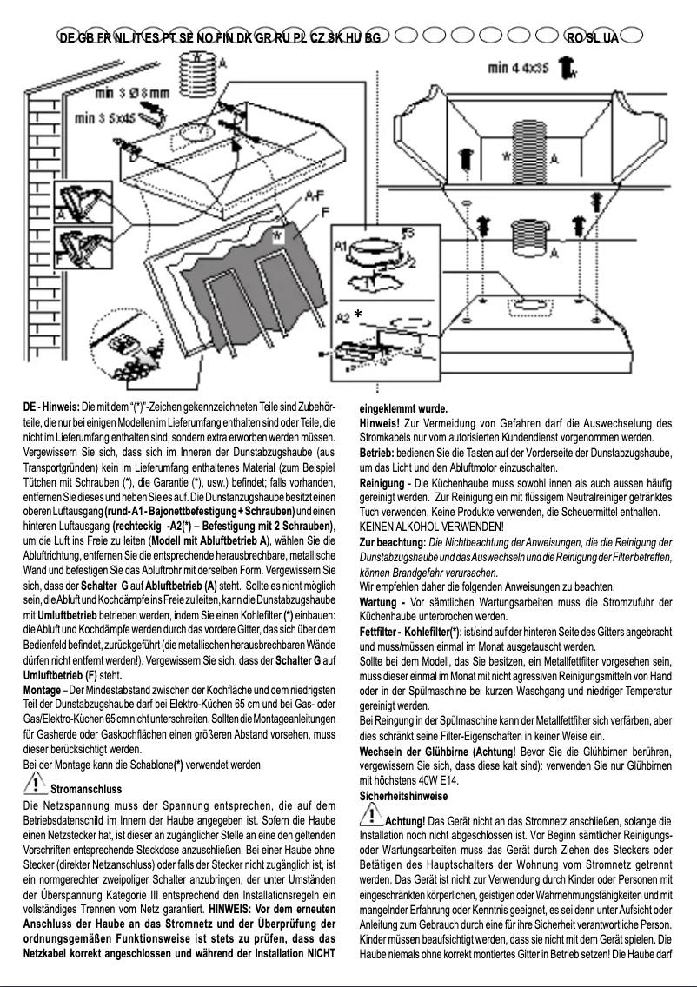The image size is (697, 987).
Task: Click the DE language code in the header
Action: point(67,37)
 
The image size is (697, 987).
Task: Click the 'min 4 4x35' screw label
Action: point(518,67)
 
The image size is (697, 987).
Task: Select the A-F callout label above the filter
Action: point(316,198)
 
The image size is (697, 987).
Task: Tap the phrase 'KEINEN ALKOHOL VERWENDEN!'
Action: point(431,527)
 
